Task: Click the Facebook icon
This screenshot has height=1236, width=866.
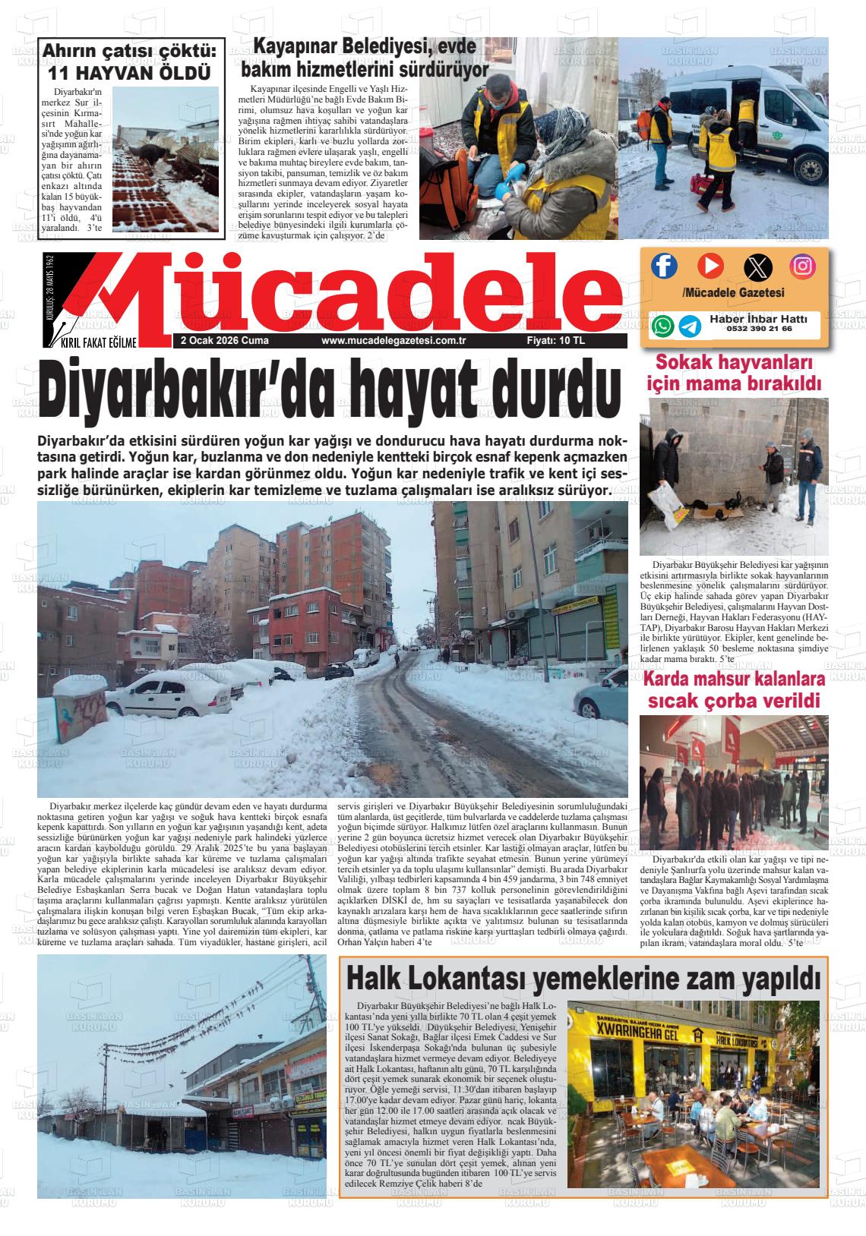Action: [664, 266]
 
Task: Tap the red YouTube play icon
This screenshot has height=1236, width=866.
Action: [710, 266]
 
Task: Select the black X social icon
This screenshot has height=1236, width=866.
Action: [757, 266]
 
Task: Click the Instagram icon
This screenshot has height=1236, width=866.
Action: [803, 266]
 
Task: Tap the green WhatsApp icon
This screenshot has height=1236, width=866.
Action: [662, 326]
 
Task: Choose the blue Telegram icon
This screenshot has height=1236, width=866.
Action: [690, 326]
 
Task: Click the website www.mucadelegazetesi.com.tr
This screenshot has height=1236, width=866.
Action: [393, 342]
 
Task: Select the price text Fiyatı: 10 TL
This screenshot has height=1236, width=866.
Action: [555, 342]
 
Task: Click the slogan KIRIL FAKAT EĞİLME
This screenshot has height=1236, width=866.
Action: [99, 343]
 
